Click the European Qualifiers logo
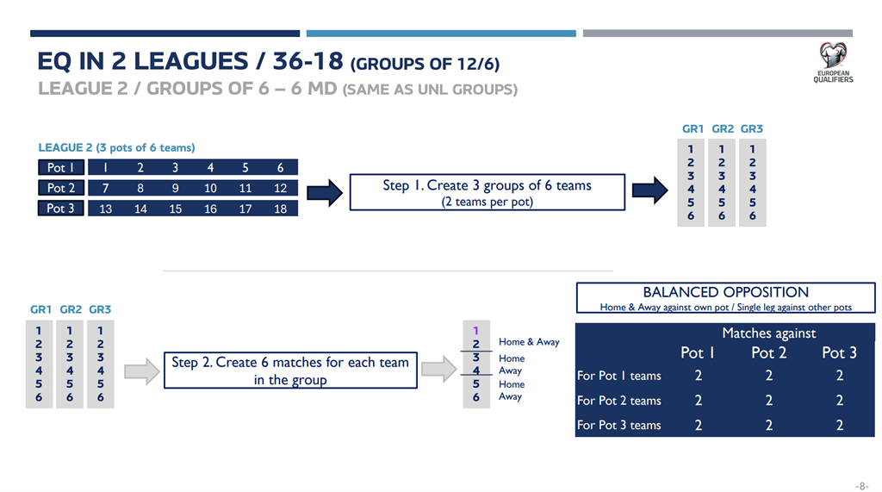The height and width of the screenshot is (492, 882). pos(833,63)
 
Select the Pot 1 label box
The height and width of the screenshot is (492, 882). pos(61,167)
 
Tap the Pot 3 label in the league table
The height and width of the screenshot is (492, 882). pos(61,209)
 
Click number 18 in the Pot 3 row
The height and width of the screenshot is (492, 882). pos(280,209)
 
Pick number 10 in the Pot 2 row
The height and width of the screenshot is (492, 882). pos(210,188)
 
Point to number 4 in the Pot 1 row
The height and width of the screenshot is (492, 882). pos(210,168)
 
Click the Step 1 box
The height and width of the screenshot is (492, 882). pos(488,192)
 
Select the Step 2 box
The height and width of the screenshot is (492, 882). pos(290,370)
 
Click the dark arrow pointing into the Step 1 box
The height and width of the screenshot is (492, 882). pos(325,193)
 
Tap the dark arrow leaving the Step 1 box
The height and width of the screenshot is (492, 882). pos(649,190)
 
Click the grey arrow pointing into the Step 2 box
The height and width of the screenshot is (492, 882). pos(142,371)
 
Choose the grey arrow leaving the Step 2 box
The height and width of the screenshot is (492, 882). pos(438,370)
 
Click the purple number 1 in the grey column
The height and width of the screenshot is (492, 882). pos(475,330)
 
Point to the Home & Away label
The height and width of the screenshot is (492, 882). pos(529,342)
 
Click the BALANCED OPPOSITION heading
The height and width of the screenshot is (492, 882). pos(725,292)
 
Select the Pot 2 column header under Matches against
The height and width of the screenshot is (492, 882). pos(769,353)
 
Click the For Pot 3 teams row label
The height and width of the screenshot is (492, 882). pos(618,425)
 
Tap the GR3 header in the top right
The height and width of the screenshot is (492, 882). pos(751,129)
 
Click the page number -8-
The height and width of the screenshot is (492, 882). pos(862,486)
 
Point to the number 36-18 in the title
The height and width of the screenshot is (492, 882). pos(307,61)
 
